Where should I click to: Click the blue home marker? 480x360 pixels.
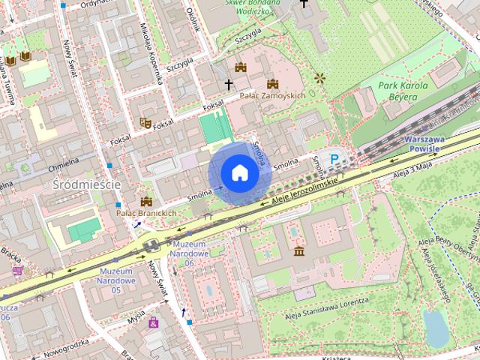(239, 173)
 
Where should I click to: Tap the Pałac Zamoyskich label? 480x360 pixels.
(272, 97)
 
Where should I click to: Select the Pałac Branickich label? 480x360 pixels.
(146, 213)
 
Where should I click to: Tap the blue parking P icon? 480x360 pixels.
(334, 159)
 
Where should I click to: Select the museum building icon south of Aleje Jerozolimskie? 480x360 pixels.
(298, 250)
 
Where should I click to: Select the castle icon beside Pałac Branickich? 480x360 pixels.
(146, 201)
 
